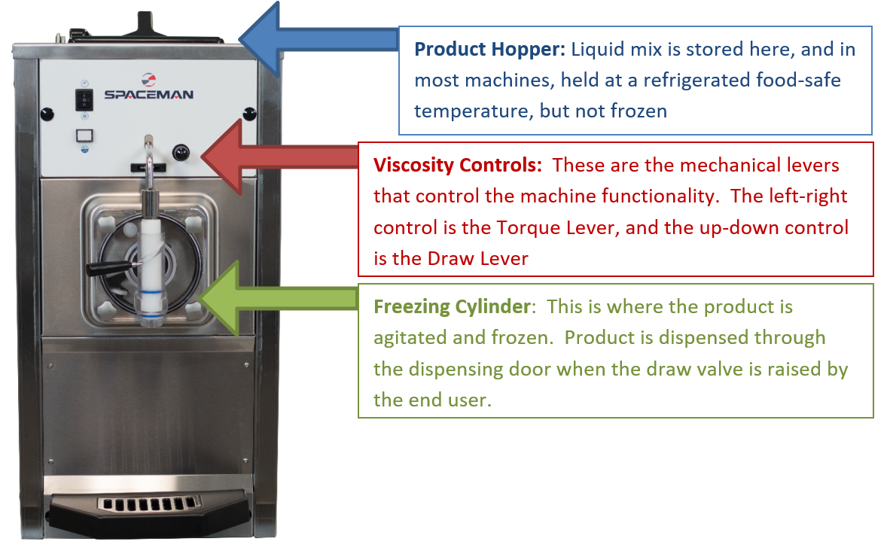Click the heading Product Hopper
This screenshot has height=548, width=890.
tap(489, 50)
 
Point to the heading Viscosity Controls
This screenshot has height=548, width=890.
tap(458, 165)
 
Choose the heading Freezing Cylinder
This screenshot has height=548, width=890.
tap(453, 307)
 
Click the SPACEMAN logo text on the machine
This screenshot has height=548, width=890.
tap(149, 94)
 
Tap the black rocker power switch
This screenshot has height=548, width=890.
tap(84, 100)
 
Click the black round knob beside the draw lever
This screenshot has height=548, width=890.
tap(181, 153)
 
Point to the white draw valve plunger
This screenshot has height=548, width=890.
tap(151, 266)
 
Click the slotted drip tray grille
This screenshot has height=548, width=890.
tap(149, 504)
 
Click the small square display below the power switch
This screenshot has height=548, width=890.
tap(84, 135)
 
